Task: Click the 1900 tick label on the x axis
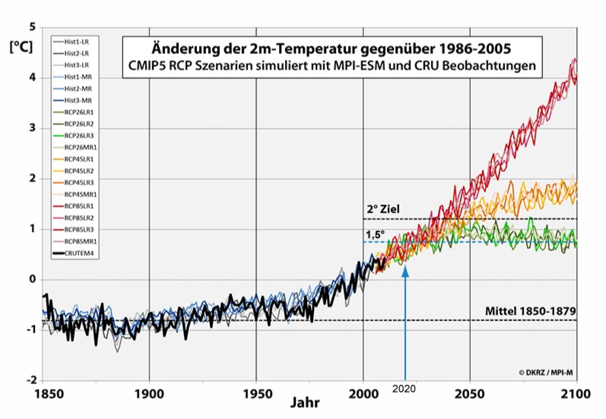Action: click(150, 394)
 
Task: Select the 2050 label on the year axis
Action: click(470, 394)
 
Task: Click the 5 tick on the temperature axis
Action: click(33, 27)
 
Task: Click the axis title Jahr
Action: click(305, 402)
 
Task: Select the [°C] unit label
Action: click(21, 47)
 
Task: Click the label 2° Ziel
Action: click(383, 209)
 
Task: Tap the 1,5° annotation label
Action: click(375, 234)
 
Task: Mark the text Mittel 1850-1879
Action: click(530, 311)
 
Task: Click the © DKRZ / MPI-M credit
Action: click(546, 372)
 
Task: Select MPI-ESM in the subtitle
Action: click(359, 65)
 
